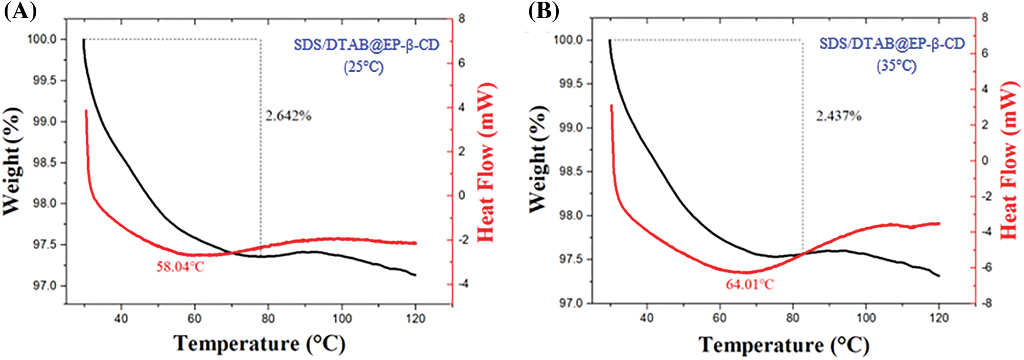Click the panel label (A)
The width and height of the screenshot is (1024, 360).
[20, 11]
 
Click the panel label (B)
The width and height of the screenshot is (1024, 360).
[544, 11]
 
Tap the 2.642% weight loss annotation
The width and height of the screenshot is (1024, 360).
[288, 116]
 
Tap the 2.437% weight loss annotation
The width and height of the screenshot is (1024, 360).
[839, 116]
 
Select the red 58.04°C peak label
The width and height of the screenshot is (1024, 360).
[180, 267]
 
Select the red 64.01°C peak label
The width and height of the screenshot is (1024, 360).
[750, 284]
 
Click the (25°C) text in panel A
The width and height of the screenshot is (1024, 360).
[363, 67]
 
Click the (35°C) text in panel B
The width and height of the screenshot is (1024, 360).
[896, 66]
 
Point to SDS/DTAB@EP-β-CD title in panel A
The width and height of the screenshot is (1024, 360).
[366, 45]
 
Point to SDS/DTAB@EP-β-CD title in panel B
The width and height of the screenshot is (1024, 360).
[892, 44]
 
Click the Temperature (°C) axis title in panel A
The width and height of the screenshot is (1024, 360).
[259, 344]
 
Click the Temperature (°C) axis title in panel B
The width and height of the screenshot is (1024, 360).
[784, 345]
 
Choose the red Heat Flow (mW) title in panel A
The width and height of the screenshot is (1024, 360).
[486, 162]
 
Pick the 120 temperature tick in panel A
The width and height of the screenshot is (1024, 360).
[415, 319]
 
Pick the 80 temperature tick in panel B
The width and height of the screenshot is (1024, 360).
[792, 318]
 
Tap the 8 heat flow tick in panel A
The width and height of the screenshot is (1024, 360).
[462, 19]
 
